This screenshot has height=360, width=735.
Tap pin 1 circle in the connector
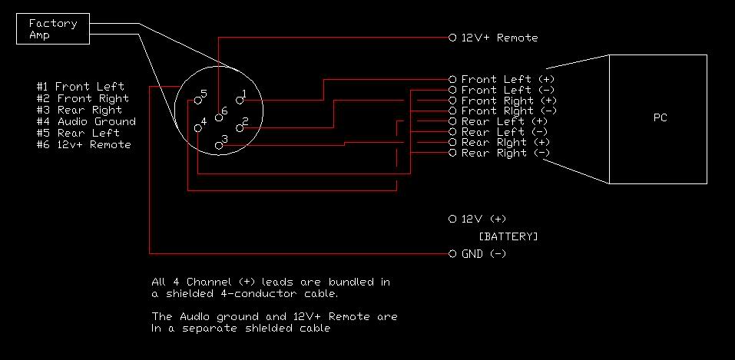pos(240,101)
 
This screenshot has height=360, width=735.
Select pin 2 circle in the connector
pos(240,128)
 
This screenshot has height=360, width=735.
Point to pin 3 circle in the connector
pos(218,146)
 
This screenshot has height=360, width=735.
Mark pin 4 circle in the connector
pos(198,128)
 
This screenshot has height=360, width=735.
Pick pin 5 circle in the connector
pos(198,101)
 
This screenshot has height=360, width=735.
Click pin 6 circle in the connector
pos(218,117)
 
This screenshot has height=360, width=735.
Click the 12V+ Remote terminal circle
pos(452,38)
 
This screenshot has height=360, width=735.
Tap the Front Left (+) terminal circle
pos(452,79)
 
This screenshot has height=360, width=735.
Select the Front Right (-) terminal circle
pos(452,111)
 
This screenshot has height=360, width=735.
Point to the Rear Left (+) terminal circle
pos(452,121)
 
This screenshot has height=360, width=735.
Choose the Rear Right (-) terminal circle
pos(452,153)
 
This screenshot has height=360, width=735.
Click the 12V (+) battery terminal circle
pos(452,219)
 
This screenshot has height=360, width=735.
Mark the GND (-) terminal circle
pos(452,254)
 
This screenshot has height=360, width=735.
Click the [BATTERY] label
pos(508,236)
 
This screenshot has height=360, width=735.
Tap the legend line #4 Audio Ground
pos(86,122)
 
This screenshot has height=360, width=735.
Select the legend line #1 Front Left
pos(80,87)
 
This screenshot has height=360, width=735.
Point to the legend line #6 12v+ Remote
pos(84,145)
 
